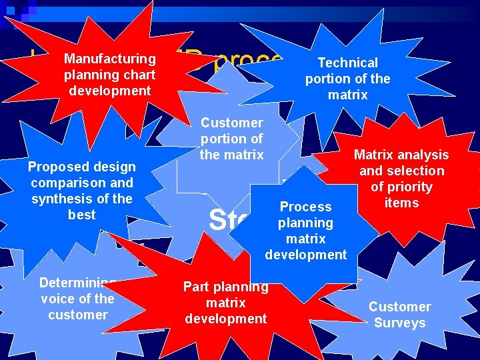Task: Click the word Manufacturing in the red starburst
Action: tap(110, 59)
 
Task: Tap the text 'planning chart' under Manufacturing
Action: tap(110, 75)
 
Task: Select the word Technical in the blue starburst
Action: tap(347, 63)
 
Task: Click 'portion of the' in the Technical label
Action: tap(347, 79)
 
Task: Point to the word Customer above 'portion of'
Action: tap(231, 123)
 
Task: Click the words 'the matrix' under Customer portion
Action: tap(231, 155)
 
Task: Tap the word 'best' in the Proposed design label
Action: tap(81, 215)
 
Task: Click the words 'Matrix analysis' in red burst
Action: tap(401, 155)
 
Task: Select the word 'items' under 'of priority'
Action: tap(401, 203)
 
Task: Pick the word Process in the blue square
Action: tap(305, 207)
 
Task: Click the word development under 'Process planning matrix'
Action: tap(305, 255)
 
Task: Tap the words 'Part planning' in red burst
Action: tap(225, 287)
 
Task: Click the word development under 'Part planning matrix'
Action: tap(225, 319)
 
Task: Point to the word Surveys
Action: tap(399, 323)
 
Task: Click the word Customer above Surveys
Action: tap(399, 307)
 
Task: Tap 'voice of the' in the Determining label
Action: tap(77, 299)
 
